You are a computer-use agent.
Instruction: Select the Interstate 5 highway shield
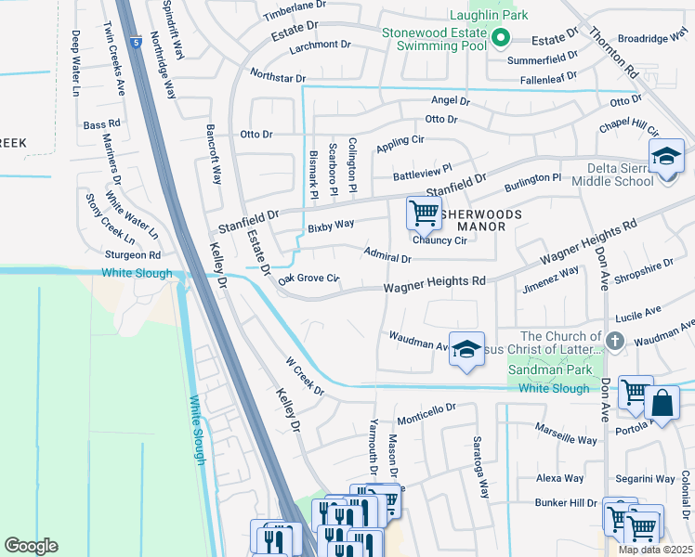click(138, 43)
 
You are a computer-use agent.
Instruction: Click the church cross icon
click(615, 341)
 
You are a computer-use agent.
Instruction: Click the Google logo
click(31, 546)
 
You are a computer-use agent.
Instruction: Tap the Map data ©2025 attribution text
click(655, 550)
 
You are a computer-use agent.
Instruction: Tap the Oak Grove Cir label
click(308, 278)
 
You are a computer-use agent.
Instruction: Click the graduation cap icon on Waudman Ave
click(466, 349)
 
